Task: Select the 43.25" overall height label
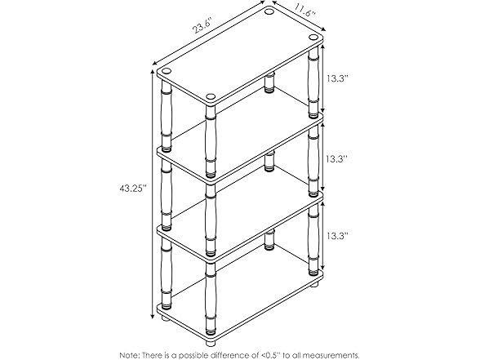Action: coord(131,189)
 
